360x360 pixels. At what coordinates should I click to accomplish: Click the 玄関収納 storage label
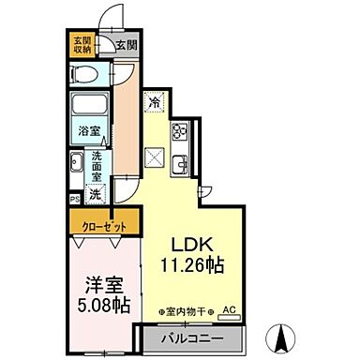point(81,45)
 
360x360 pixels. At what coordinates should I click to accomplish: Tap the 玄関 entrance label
point(126,44)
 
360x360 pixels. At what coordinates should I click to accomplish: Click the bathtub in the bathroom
point(91,105)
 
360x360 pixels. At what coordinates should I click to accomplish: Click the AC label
point(229,310)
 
